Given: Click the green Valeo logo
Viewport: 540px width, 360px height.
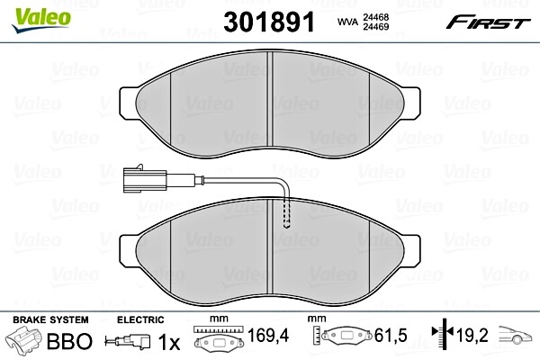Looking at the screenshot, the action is pos(41,20).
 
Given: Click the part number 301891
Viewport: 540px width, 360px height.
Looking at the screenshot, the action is pos(269,22).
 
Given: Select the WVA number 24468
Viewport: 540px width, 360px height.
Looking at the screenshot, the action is pos(375,17).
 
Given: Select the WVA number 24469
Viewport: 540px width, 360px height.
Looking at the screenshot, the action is pos(375,26).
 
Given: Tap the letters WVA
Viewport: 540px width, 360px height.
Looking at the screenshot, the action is pos(347,22).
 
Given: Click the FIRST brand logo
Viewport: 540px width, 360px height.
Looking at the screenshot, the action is pos(488,22).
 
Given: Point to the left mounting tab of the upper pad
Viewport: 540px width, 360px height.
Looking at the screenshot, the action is pos(128,103).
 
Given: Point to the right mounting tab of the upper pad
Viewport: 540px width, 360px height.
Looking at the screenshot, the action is pos(411,103).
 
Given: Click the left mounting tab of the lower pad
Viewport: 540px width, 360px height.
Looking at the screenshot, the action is pos(128,251).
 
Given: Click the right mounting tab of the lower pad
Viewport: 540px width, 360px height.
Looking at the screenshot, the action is pos(411,251).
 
